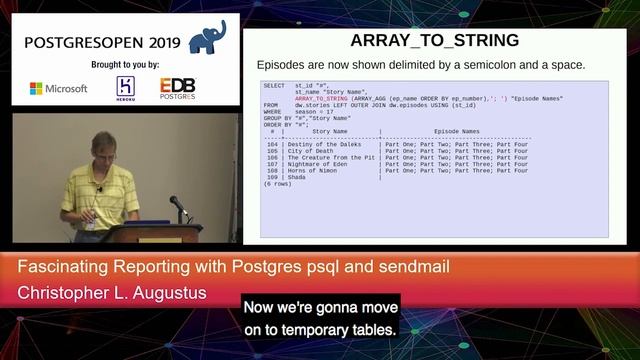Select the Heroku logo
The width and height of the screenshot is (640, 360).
126,88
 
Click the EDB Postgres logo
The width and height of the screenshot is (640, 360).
178,88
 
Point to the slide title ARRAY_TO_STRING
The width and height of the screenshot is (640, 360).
434,41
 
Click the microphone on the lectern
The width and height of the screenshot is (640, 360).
176,205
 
